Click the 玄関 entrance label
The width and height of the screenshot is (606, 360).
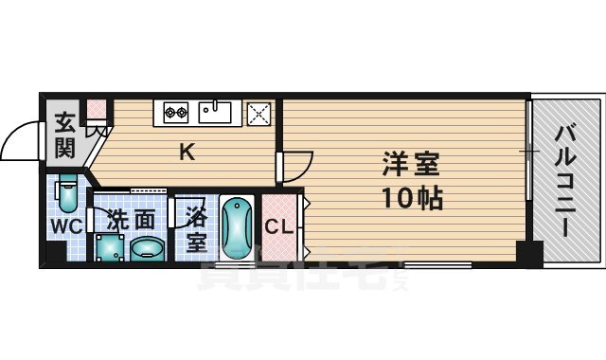click(64, 134)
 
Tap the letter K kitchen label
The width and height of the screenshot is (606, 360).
click(187, 152)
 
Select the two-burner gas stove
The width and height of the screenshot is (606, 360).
click(176, 112)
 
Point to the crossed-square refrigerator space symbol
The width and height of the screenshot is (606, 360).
click(258, 114)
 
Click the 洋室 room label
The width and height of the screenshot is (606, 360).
click(410, 164)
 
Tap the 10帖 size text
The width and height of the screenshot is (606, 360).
click(410, 199)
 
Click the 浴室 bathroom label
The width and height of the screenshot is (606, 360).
click(195, 227)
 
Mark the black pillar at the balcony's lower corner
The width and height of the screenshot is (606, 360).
click(528, 254)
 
